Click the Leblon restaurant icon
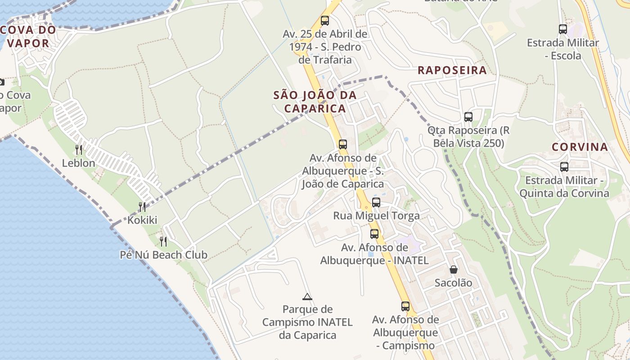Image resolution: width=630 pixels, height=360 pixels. (x=79, y=149)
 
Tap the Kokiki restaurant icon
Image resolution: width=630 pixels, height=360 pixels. (x=142, y=207)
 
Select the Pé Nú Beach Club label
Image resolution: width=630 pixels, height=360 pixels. (x=163, y=255)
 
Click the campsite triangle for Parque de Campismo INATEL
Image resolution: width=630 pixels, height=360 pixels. (x=307, y=296)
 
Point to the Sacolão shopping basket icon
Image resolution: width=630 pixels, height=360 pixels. (x=453, y=269)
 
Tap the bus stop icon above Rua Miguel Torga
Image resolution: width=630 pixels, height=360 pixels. (x=376, y=202)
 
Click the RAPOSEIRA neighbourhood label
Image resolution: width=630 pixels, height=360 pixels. (x=452, y=70)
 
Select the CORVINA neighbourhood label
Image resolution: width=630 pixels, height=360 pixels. (x=580, y=147)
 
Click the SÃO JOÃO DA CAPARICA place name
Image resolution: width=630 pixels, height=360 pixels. (x=315, y=102)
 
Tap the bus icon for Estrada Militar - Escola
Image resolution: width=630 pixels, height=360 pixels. (x=563, y=29)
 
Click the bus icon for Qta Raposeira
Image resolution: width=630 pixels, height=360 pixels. (x=468, y=117)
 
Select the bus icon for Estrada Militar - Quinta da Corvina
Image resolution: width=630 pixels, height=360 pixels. (x=564, y=167)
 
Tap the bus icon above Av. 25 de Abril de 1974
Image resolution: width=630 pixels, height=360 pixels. (x=325, y=20)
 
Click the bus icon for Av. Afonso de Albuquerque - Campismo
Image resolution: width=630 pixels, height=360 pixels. (x=405, y=306)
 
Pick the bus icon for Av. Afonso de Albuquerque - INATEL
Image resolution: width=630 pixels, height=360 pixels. (x=374, y=234)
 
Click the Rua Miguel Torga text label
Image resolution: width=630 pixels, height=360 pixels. (x=376, y=216)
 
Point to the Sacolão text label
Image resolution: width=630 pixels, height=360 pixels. (x=453, y=283)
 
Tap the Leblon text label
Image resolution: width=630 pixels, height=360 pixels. (x=79, y=163)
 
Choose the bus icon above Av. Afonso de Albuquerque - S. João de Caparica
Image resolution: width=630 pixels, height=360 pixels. (x=343, y=144)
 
